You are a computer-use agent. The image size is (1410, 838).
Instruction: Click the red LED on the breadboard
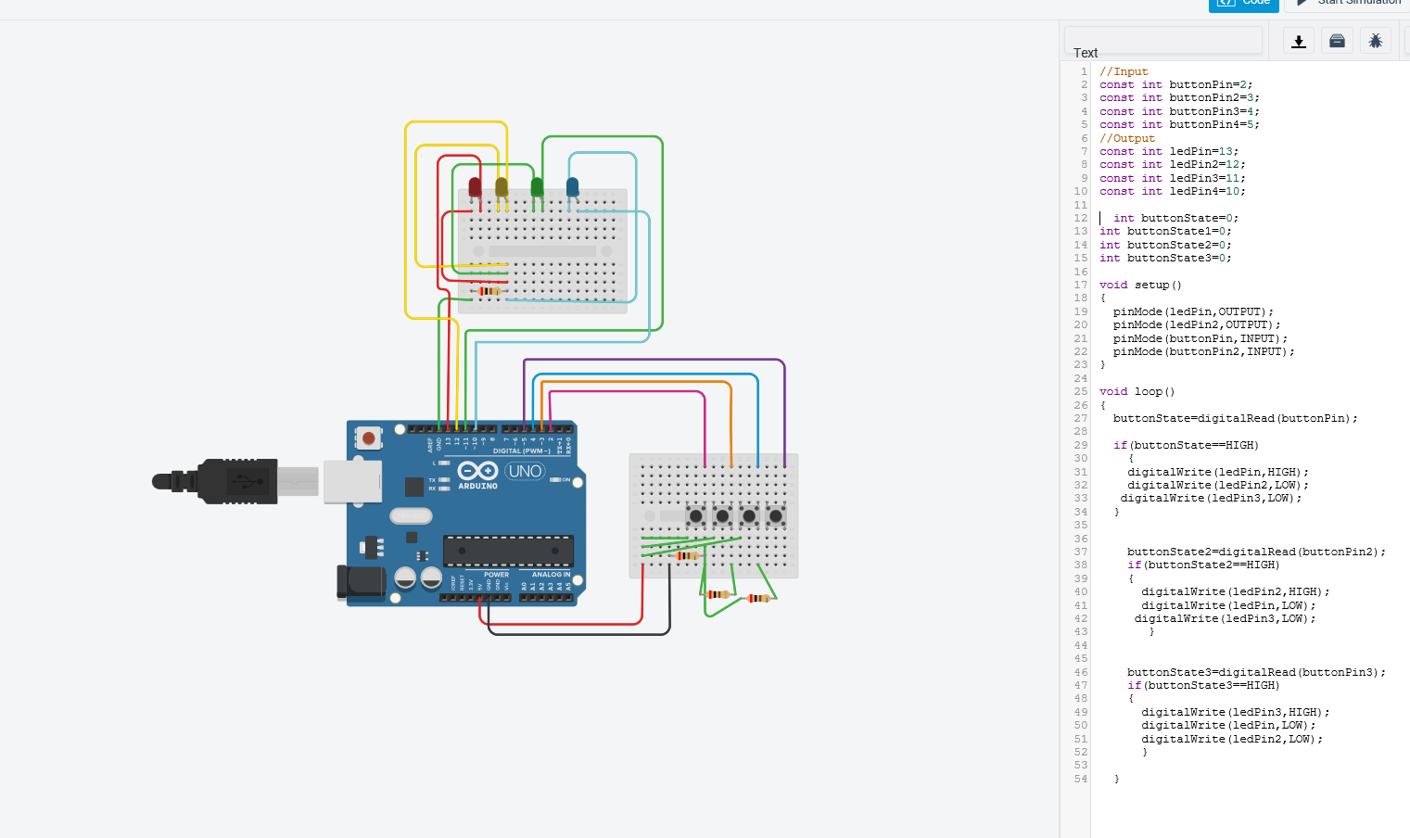tap(475, 187)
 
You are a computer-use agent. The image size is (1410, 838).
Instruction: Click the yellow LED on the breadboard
tap(502, 187)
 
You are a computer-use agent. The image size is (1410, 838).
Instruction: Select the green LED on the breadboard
tap(537, 186)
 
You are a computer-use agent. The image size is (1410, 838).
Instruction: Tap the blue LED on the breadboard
tap(572, 187)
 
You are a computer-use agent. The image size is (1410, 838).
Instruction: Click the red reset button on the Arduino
tap(369, 438)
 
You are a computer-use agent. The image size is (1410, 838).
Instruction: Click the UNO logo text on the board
tap(525, 471)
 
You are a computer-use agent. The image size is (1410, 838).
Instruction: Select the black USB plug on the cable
tap(236, 481)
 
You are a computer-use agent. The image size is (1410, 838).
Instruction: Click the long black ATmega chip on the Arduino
tap(508, 551)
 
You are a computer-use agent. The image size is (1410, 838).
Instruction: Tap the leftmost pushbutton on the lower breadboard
tap(695, 515)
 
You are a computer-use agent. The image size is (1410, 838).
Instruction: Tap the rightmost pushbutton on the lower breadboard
tap(776, 515)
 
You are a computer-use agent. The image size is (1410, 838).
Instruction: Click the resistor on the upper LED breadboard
tap(489, 291)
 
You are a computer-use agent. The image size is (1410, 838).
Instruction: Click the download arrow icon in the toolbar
tap(1299, 41)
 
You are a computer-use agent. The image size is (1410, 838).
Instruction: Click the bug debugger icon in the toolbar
tap(1375, 41)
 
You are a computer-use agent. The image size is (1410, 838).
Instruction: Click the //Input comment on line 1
tap(1124, 71)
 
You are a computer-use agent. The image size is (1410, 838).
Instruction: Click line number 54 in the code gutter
tap(1080, 779)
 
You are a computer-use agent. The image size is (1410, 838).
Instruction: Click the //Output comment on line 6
tap(1126, 138)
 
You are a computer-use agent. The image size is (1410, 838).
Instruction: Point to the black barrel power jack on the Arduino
tap(361, 581)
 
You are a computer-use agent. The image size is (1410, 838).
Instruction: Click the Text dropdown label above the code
tap(1085, 53)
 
